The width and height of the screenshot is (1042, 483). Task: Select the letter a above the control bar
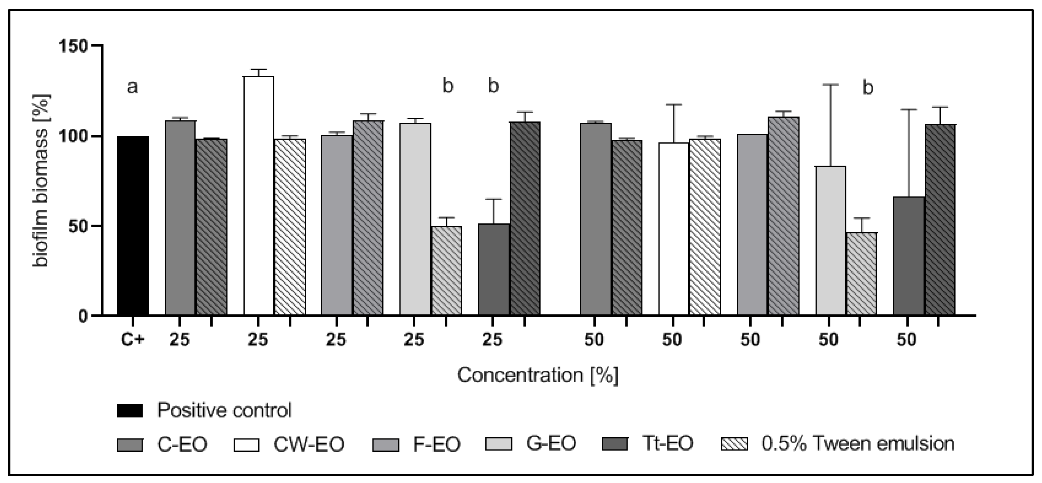tap(132, 86)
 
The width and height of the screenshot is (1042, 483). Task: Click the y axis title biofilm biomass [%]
tap(42, 180)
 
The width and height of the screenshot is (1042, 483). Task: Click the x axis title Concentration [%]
tap(538, 375)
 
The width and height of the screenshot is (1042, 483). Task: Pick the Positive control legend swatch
tap(130, 410)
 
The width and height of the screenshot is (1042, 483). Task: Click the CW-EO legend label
tap(309, 444)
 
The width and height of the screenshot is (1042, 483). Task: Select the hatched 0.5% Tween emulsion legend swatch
tap(734, 444)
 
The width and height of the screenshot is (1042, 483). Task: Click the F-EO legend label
tap(436, 444)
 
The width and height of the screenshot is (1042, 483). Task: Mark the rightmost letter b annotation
tap(868, 87)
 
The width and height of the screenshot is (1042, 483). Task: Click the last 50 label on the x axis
tap(906, 339)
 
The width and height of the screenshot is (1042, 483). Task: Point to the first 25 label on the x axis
tap(179, 339)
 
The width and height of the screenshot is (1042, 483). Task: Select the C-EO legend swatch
tap(130, 444)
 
